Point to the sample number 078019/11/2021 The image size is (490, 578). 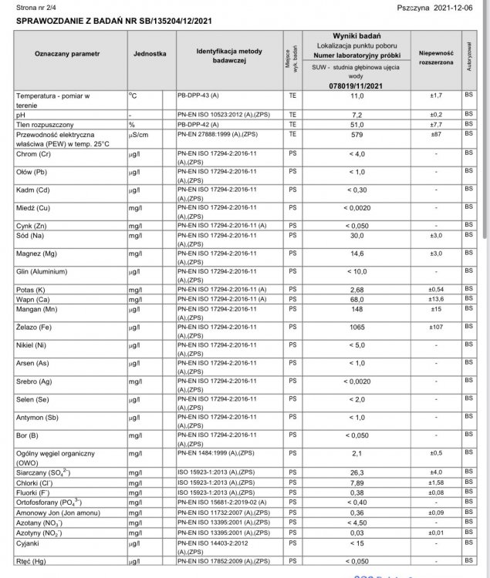(x=355, y=86)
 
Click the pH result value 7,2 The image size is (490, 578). (x=357, y=113)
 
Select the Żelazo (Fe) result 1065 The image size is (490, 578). (x=357, y=327)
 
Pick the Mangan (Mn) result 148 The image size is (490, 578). (x=357, y=309)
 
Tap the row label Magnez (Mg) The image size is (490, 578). (x=37, y=253)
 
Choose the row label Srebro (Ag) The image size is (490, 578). (x=35, y=381)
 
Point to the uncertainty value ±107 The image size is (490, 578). (x=435, y=327)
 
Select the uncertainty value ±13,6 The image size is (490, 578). (x=435, y=299)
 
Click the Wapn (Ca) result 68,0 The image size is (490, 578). (x=357, y=299)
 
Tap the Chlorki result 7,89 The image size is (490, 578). (x=357, y=482)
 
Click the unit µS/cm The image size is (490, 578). (x=140, y=133)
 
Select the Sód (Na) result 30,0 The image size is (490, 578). (x=357, y=235)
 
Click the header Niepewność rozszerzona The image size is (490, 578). (x=435, y=59)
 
